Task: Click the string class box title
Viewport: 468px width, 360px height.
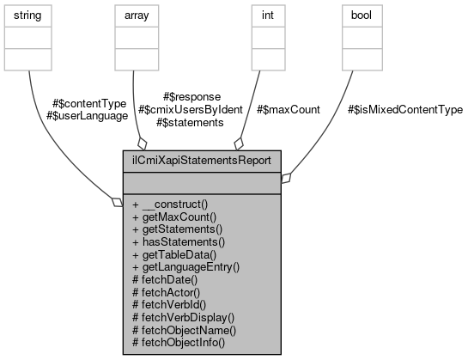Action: click(x=29, y=15)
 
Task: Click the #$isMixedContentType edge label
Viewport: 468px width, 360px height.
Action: click(x=405, y=110)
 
